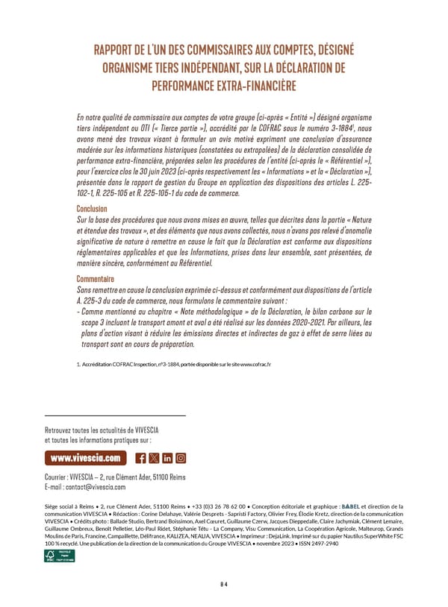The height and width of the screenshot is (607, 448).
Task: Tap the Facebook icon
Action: (x=141, y=458)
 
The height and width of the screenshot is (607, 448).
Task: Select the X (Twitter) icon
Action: (x=154, y=458)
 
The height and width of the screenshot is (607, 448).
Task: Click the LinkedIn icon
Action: (x=167, y=458)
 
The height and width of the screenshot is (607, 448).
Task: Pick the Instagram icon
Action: (x=181, y=458)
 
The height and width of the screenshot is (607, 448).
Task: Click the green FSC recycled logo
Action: (x=58, y=556)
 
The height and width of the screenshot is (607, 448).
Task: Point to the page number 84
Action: (x=224, y=584)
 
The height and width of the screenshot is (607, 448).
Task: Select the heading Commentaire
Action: (x=101, y=280)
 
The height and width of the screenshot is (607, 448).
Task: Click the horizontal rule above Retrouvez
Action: (x=115, y=415)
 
